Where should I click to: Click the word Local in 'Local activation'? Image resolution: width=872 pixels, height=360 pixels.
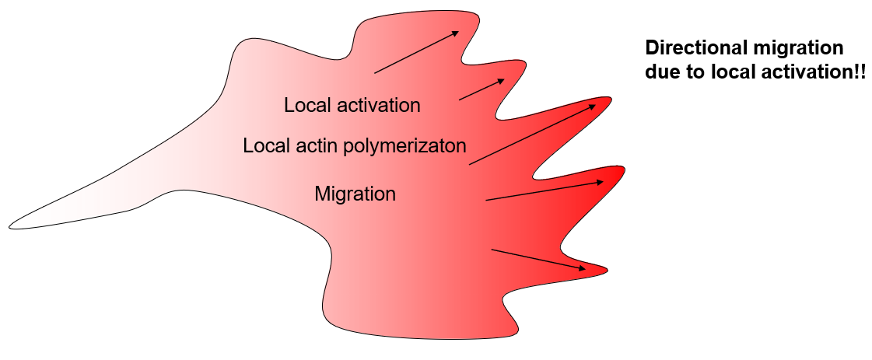tap(306, 105)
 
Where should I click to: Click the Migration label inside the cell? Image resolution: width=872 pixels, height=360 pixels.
tap(355, 193)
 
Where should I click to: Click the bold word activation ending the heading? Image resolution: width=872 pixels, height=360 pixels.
tap(808, 70)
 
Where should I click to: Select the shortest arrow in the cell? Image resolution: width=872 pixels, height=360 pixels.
tap(483, 89)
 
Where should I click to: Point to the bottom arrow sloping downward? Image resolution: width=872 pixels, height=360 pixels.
tap(539, 260)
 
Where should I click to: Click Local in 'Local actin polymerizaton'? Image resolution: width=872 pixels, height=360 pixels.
tap(264, 145)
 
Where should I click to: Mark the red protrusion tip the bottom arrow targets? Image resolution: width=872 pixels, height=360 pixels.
tap(603, 270)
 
